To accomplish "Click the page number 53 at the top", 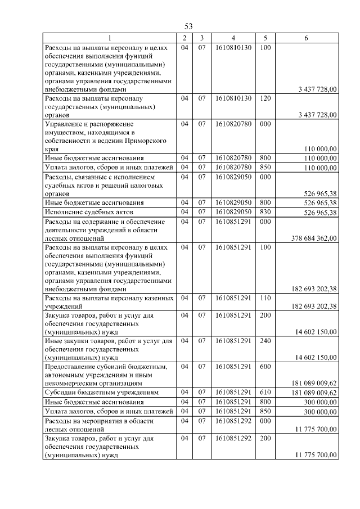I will (188, 26).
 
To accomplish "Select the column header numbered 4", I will (232, 38).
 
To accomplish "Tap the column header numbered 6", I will (305, 38).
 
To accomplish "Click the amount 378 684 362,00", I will (314, 238).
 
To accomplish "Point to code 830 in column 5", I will (265, 212).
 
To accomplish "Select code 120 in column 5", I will (265, 98).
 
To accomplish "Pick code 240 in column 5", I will (265, 340).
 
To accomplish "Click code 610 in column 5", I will (265, 392).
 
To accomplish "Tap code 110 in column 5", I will (265, 297).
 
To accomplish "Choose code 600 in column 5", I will (265, 366).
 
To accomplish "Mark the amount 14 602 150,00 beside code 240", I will (316, 357).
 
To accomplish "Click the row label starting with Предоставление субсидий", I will (105, 366).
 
